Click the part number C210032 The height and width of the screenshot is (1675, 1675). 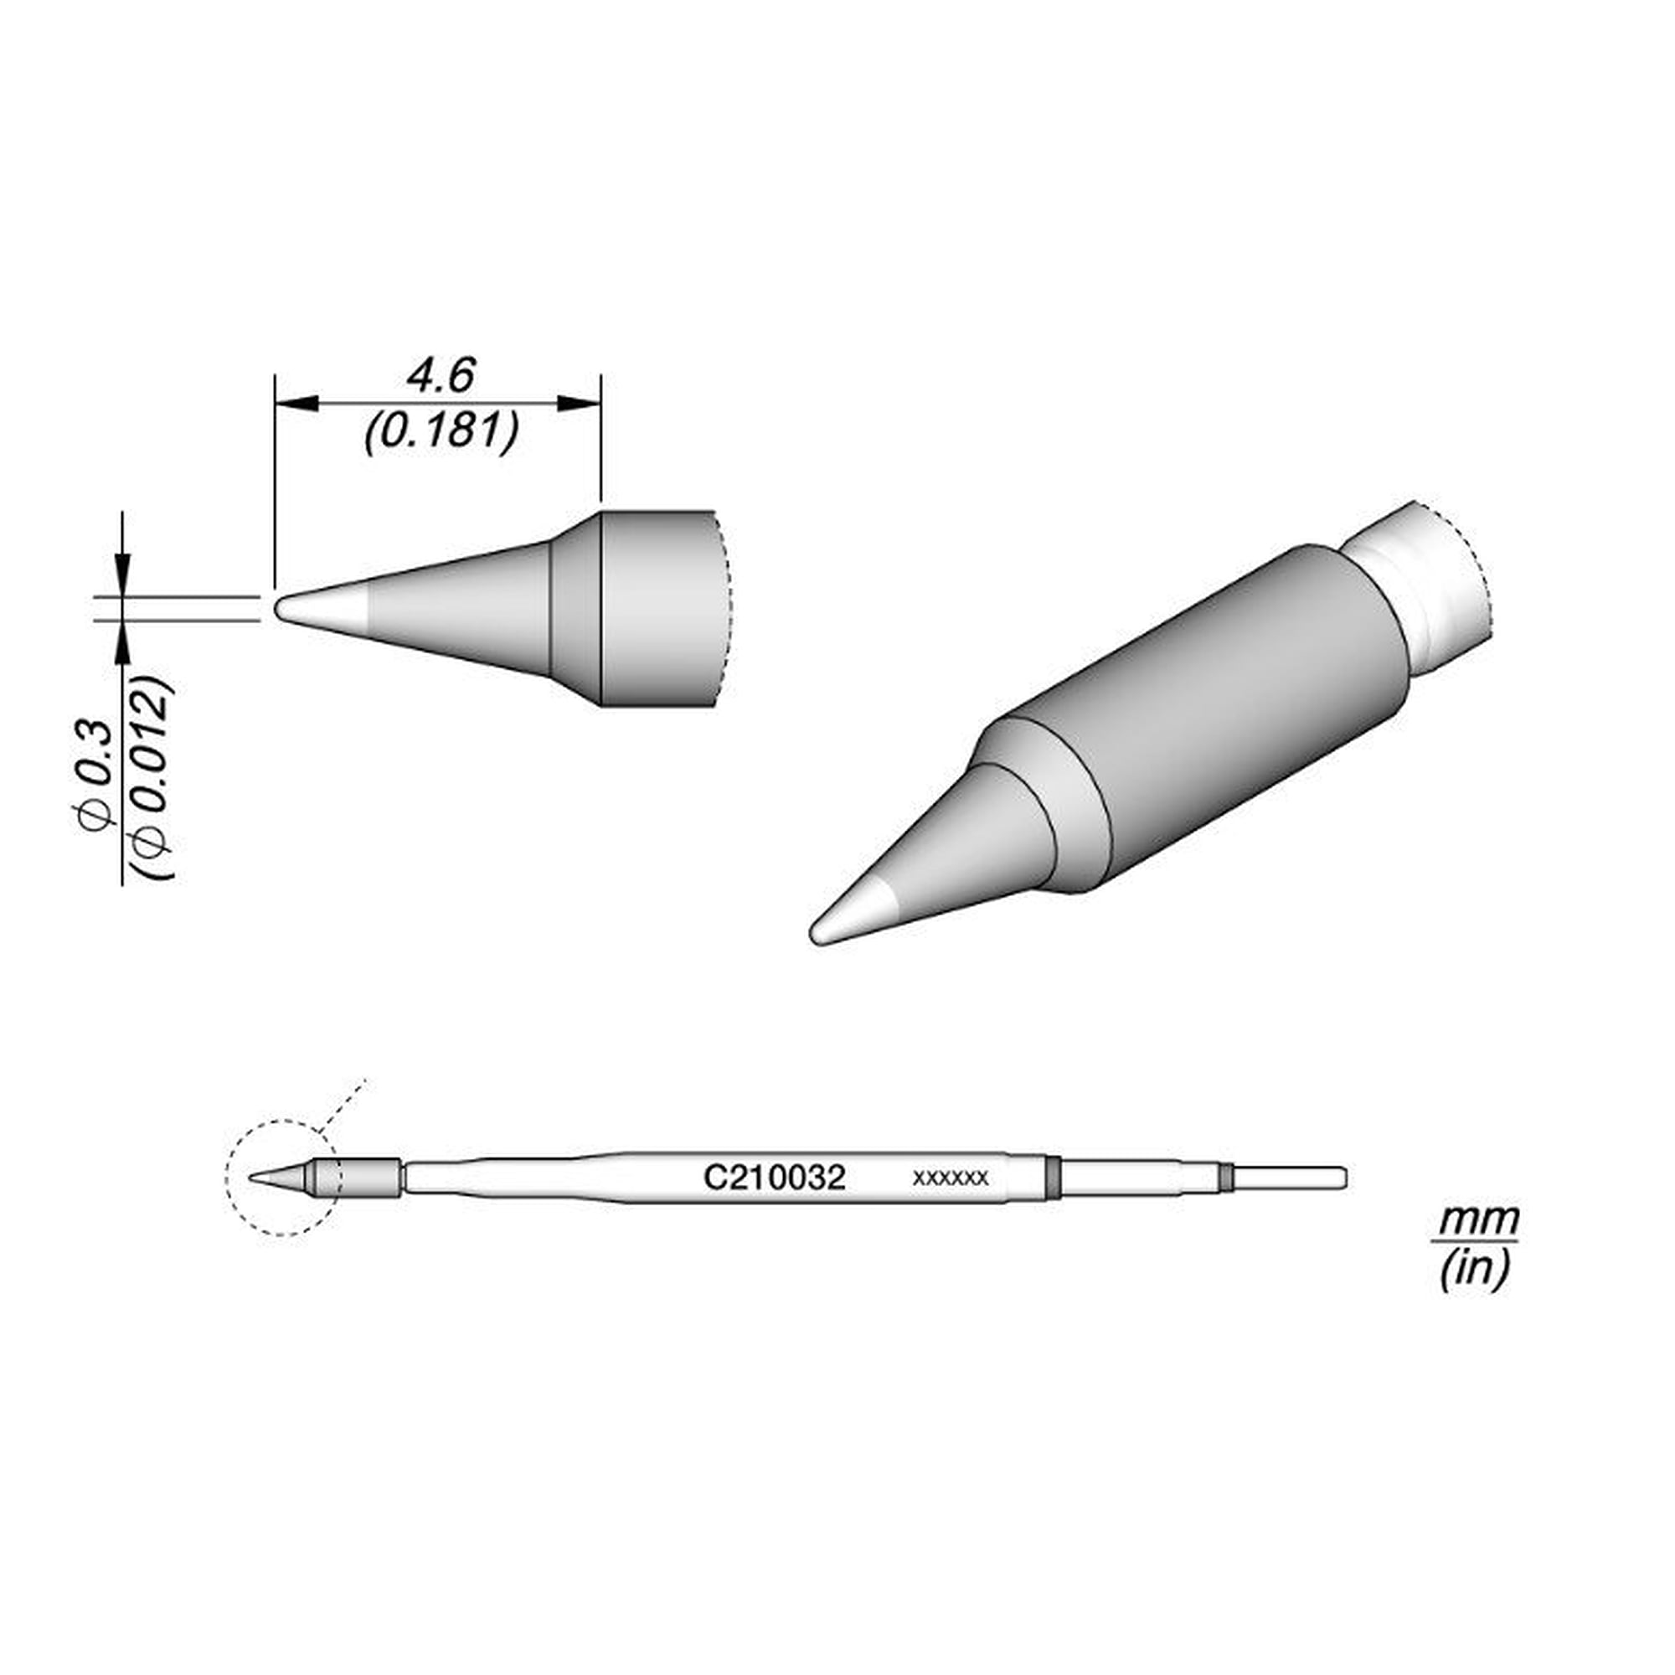pos(774,1178)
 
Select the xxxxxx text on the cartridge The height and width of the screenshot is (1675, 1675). pos(951,1178)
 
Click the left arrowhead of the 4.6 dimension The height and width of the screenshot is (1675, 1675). pos(296,404)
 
